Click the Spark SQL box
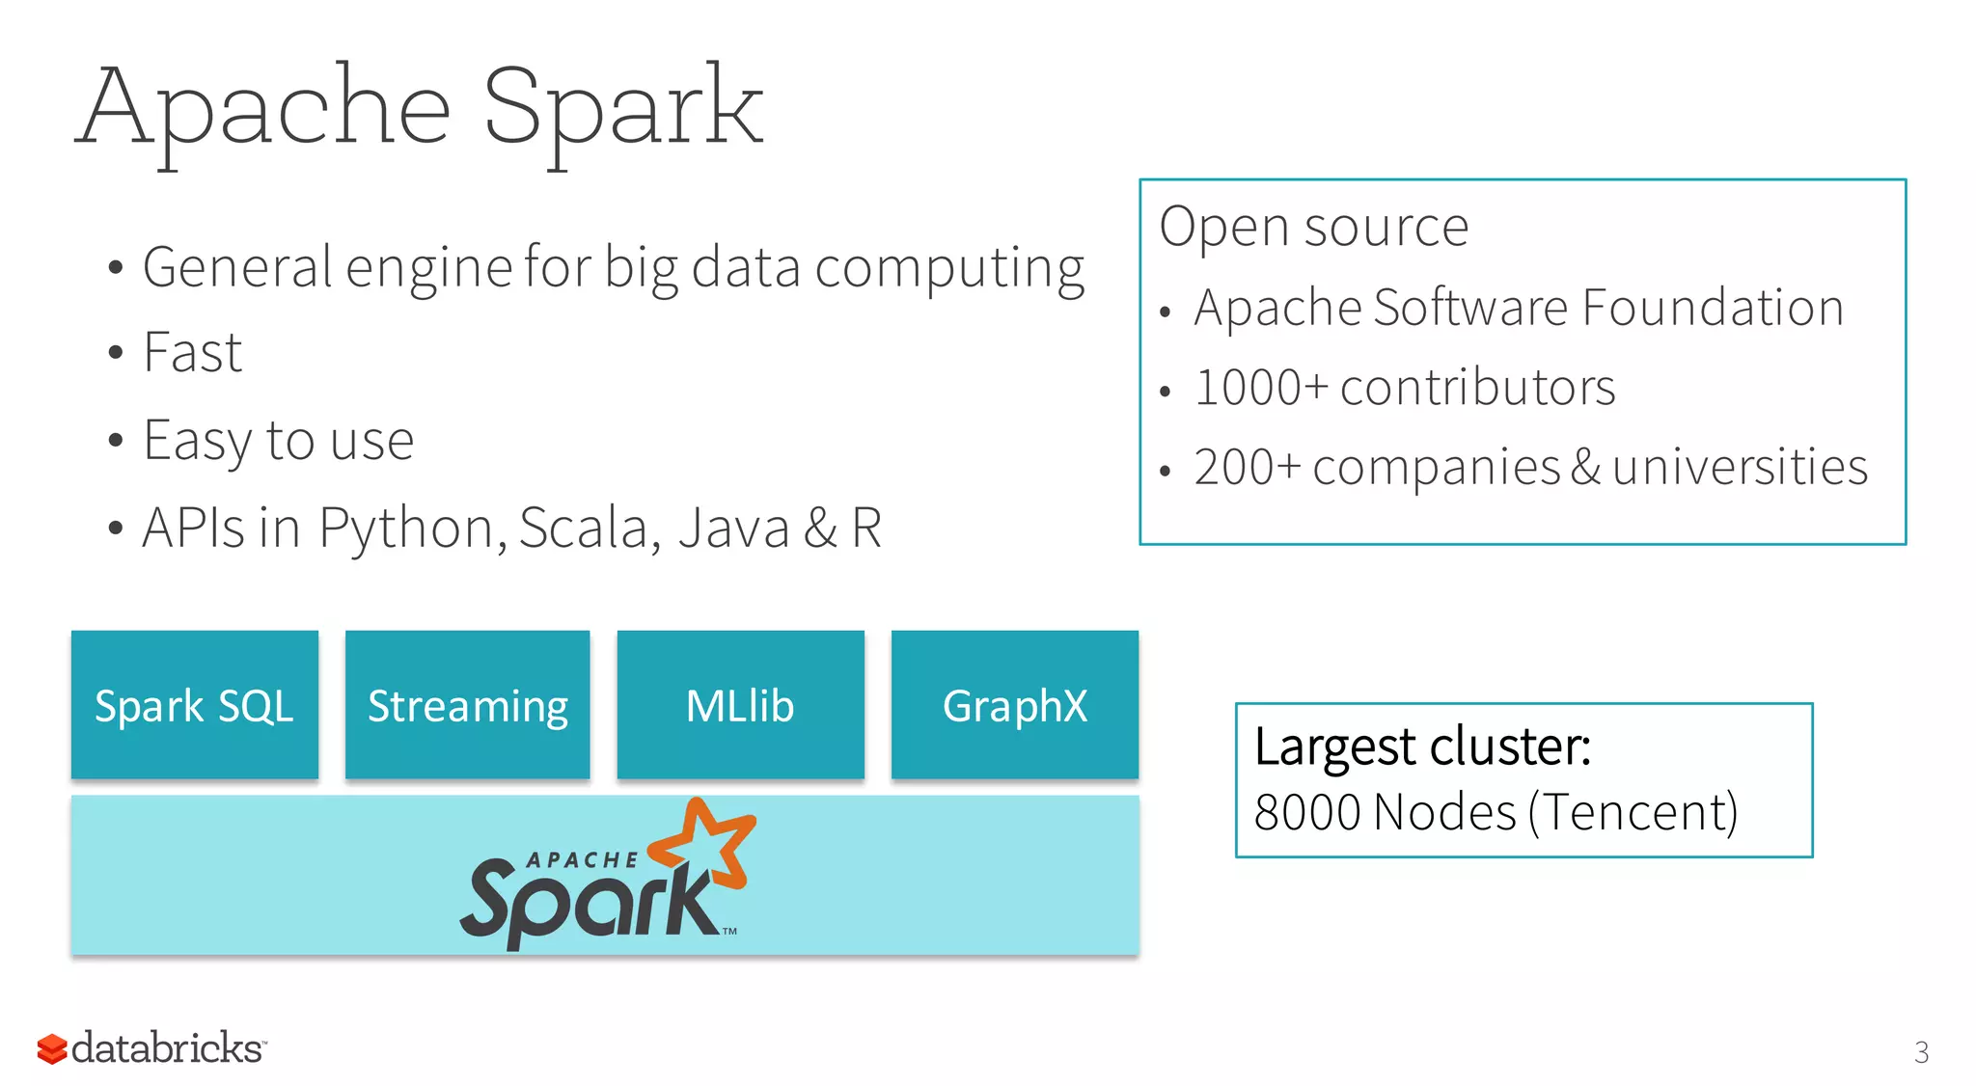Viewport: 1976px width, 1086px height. coord(194,705)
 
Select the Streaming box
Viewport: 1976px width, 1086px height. coord(467,705)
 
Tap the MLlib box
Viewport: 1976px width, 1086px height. coord(740,705)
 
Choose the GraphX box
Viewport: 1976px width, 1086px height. coord(1014,705)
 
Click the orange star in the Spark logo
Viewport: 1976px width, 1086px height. coord(709,841)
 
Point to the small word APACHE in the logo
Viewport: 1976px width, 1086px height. coord(582,859)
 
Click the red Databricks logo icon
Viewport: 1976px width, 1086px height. coord(52,1049)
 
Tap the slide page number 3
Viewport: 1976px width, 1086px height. coord(1921,1051)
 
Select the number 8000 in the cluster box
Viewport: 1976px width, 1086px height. coord(1307,812)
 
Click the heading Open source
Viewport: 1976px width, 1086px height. coord(1313,228)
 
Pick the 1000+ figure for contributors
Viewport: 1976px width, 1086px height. coord(1261,388)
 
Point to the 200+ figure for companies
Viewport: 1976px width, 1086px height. coord(1248,468)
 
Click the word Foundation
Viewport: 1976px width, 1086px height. coord(1713,309)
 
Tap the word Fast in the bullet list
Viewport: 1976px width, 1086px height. coord(193,352)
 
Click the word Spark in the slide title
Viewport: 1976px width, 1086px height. coord(623,108)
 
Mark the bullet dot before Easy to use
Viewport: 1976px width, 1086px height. coord(116,442)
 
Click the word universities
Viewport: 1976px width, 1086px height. coord(1740,468)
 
